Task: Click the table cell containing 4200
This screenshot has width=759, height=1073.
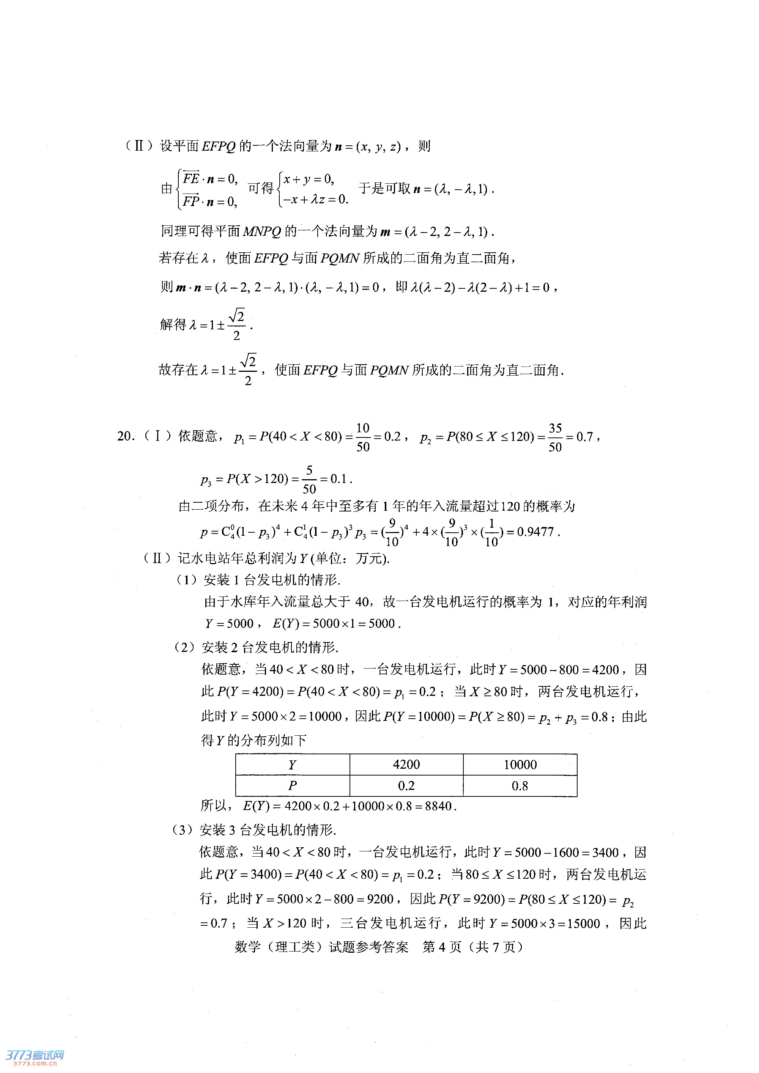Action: (x=406, y=765)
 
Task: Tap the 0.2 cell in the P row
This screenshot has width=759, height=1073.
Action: (x=406, y=785)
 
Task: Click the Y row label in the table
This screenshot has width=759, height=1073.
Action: (x=292, y=765)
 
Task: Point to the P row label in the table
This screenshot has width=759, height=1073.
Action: (x=292, y=785)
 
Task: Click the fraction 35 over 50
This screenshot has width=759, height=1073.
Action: (x=555, y=437)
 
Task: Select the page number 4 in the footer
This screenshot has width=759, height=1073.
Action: (x=442, y=947)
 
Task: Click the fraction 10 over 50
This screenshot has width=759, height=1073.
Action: (x=363, y=437)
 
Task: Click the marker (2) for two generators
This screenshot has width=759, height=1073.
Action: (x=184, y=647)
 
